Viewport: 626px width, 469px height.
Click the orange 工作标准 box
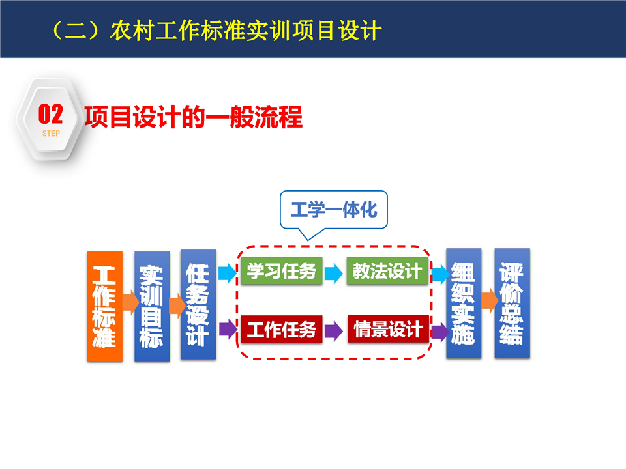pos(104,306)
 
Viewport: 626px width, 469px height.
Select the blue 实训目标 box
pos(152,306)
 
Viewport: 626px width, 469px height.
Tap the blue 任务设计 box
pos(198,305)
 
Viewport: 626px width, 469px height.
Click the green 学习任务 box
pos(282,271)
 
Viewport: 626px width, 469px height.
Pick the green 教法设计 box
pos(387,271)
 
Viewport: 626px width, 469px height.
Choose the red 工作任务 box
pos(282,329)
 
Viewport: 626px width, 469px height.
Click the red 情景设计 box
pos(389,329)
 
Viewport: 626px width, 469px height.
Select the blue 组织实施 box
pos(464,303)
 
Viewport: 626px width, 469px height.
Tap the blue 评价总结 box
pos(513,303)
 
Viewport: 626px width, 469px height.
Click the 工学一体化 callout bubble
pos(334,210)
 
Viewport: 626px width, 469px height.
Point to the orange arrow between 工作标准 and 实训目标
pos(130,302)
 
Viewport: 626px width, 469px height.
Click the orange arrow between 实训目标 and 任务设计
pos(177,306)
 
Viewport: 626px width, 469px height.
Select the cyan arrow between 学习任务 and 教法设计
pos(334,274)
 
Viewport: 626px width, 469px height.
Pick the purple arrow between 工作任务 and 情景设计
pos(334,331)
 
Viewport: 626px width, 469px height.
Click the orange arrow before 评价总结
pos(490,300)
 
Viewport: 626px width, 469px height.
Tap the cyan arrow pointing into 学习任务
pos(228,273)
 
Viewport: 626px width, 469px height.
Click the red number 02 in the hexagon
pos(51,115)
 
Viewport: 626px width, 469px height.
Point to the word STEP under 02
pos(51,134)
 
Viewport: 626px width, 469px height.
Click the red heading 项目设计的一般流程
pos(194,117)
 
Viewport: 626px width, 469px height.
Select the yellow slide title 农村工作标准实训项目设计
pos(246,31)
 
